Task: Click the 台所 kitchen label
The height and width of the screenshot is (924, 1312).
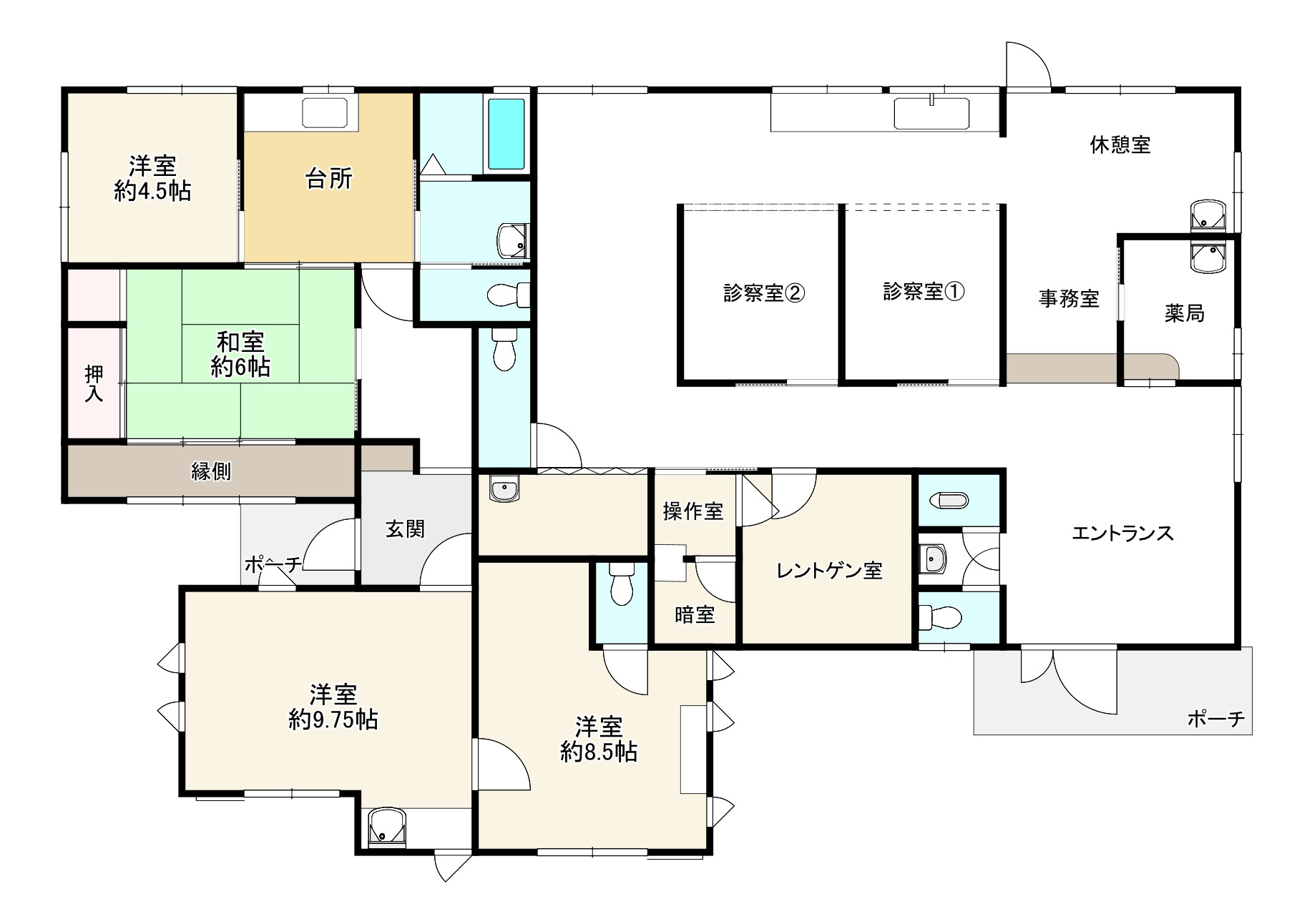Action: click(329, 179)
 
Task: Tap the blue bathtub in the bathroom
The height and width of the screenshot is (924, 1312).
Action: click(506, 134)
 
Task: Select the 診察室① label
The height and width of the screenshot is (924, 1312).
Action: click(923, 292)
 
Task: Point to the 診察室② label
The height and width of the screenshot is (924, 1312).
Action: click(763, 293)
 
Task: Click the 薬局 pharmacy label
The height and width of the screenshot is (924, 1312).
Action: click(1184, 313)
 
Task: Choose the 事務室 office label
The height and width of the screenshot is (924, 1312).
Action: click(1068, 298)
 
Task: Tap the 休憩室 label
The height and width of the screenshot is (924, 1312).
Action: click(1120, 145)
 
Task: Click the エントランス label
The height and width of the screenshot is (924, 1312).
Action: click(1122, 534)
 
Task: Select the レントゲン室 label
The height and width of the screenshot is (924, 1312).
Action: click(829, 571)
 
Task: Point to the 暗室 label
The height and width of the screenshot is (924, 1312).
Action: click(694, 614)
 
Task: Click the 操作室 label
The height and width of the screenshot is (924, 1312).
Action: click(692, 511)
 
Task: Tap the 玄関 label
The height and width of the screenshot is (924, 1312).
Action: click(405, 529)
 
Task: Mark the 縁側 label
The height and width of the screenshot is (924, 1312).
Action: click(211, 471)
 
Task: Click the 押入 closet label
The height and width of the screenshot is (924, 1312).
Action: click(94, 383)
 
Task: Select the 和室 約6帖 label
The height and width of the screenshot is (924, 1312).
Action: click(240, 354)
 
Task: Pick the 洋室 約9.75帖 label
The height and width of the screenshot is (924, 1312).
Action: click(333, 707)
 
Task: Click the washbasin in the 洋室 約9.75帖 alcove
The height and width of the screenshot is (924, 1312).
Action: click(386, 827)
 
